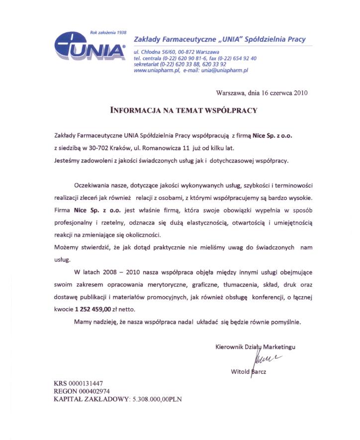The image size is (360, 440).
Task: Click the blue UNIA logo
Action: (89, 47)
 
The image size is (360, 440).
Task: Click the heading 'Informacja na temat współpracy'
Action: (183, 110)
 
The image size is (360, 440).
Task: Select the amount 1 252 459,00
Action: (93, 309)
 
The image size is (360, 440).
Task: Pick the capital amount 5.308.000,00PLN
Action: (157, 399)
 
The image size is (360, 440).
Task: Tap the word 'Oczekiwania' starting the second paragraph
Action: (92, 185)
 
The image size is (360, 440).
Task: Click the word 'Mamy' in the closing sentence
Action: (82, 322)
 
